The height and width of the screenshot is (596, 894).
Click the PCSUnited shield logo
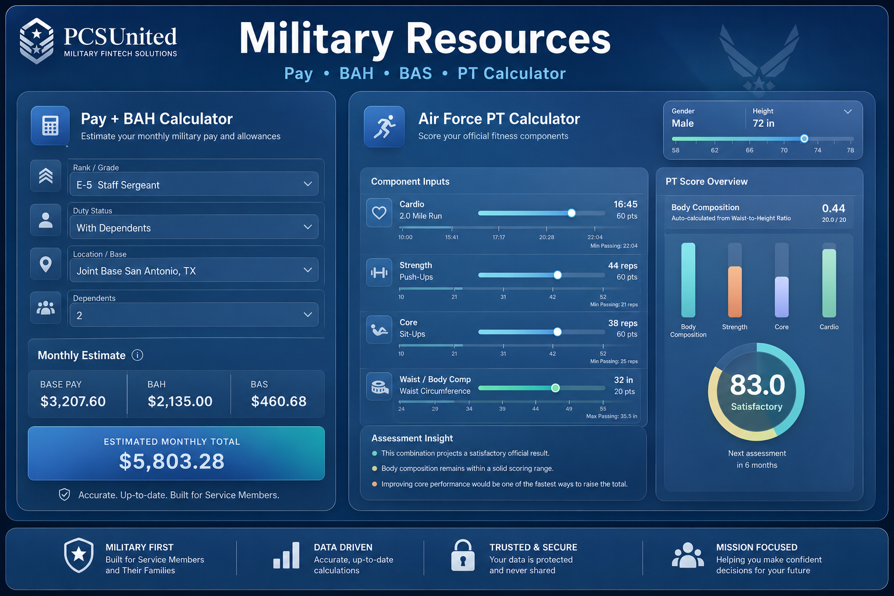tap(36, 41)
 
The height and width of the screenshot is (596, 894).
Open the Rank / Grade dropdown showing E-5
tap(194, 184)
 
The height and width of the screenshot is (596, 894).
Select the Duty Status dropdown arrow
tap(307, 227)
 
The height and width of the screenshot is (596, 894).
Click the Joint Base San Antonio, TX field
tap(194, 270)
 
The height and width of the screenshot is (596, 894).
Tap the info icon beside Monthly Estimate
tap(137, 355)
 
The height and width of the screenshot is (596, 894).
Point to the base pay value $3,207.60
tap(73, 401)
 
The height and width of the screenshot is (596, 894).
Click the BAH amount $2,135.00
tap(180, 401)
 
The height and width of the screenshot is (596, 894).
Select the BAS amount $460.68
tap(279, 401)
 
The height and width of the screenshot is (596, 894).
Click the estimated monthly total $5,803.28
tap(172, 461)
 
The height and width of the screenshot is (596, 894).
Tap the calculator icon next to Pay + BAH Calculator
tap(50, 125)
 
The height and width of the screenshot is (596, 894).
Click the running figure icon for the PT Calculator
tap(384, 126)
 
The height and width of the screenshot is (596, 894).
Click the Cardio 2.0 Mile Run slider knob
tap(572, 213)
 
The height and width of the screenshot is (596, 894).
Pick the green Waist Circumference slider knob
tap(555, 388)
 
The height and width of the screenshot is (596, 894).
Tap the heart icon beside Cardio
tap(379, 212)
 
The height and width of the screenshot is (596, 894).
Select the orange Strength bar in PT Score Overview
tap(735, 292)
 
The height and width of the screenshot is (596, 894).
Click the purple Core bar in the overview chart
tap(782, 297)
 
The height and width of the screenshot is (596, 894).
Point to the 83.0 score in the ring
tap(757, 385)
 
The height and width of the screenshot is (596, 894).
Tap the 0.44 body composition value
tap(833, 208)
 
